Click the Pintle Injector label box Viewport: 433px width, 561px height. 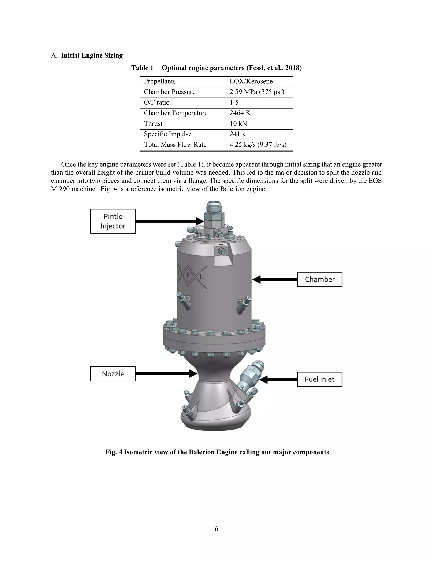(113, 221)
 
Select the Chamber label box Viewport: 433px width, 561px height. (320, 279)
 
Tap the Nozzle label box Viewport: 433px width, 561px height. (113, 374)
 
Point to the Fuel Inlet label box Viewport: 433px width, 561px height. (320, 379)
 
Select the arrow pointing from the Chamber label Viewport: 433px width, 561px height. (274, 279)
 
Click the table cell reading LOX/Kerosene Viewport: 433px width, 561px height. (251, 82)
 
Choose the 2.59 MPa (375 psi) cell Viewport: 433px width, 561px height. (257, 92)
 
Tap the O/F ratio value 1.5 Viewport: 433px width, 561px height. (234, 102)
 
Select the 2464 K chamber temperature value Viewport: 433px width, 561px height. (240, 113)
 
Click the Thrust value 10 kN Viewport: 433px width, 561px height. (238, 124)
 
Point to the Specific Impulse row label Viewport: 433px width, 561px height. (167, 134)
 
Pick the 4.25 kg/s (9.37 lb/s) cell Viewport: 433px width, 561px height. (258, 145)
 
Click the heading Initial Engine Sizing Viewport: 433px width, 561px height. (92, 55)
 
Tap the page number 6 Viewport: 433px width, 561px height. (216, 529)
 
